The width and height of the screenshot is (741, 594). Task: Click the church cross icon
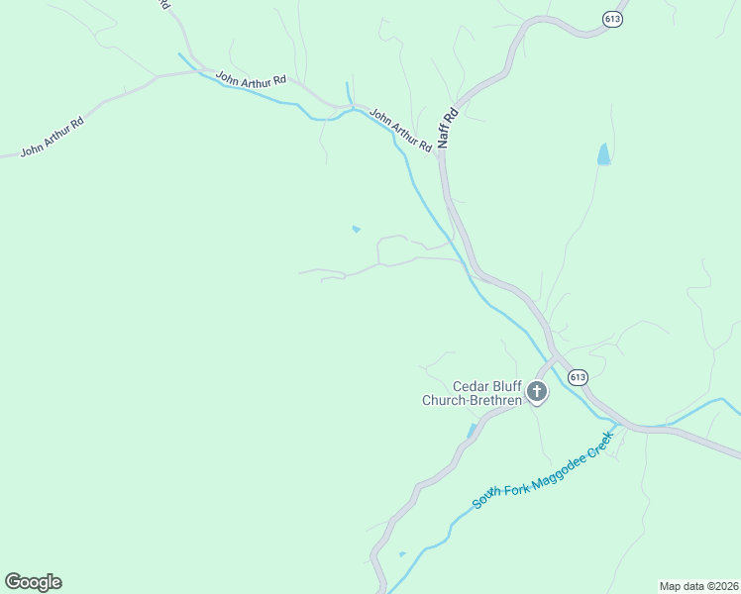[x=537, y=392]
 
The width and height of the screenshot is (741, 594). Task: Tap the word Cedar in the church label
[x=472, y=386]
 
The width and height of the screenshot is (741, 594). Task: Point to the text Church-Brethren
[x=472, y=401]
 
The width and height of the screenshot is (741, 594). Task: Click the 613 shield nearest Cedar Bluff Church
[x=579, y=377]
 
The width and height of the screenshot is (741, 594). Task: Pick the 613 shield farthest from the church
[x=612, y=18]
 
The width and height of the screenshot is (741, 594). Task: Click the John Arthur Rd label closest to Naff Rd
[x=400, y=130]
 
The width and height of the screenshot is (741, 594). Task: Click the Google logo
[x=33, y=582]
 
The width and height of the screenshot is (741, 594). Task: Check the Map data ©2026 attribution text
[x=698, y=586]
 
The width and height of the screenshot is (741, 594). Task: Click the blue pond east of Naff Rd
[x=603, y=154]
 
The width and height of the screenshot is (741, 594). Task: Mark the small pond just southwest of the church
[x=472, y=431]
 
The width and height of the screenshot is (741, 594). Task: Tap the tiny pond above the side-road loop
[x=356, y=230]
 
